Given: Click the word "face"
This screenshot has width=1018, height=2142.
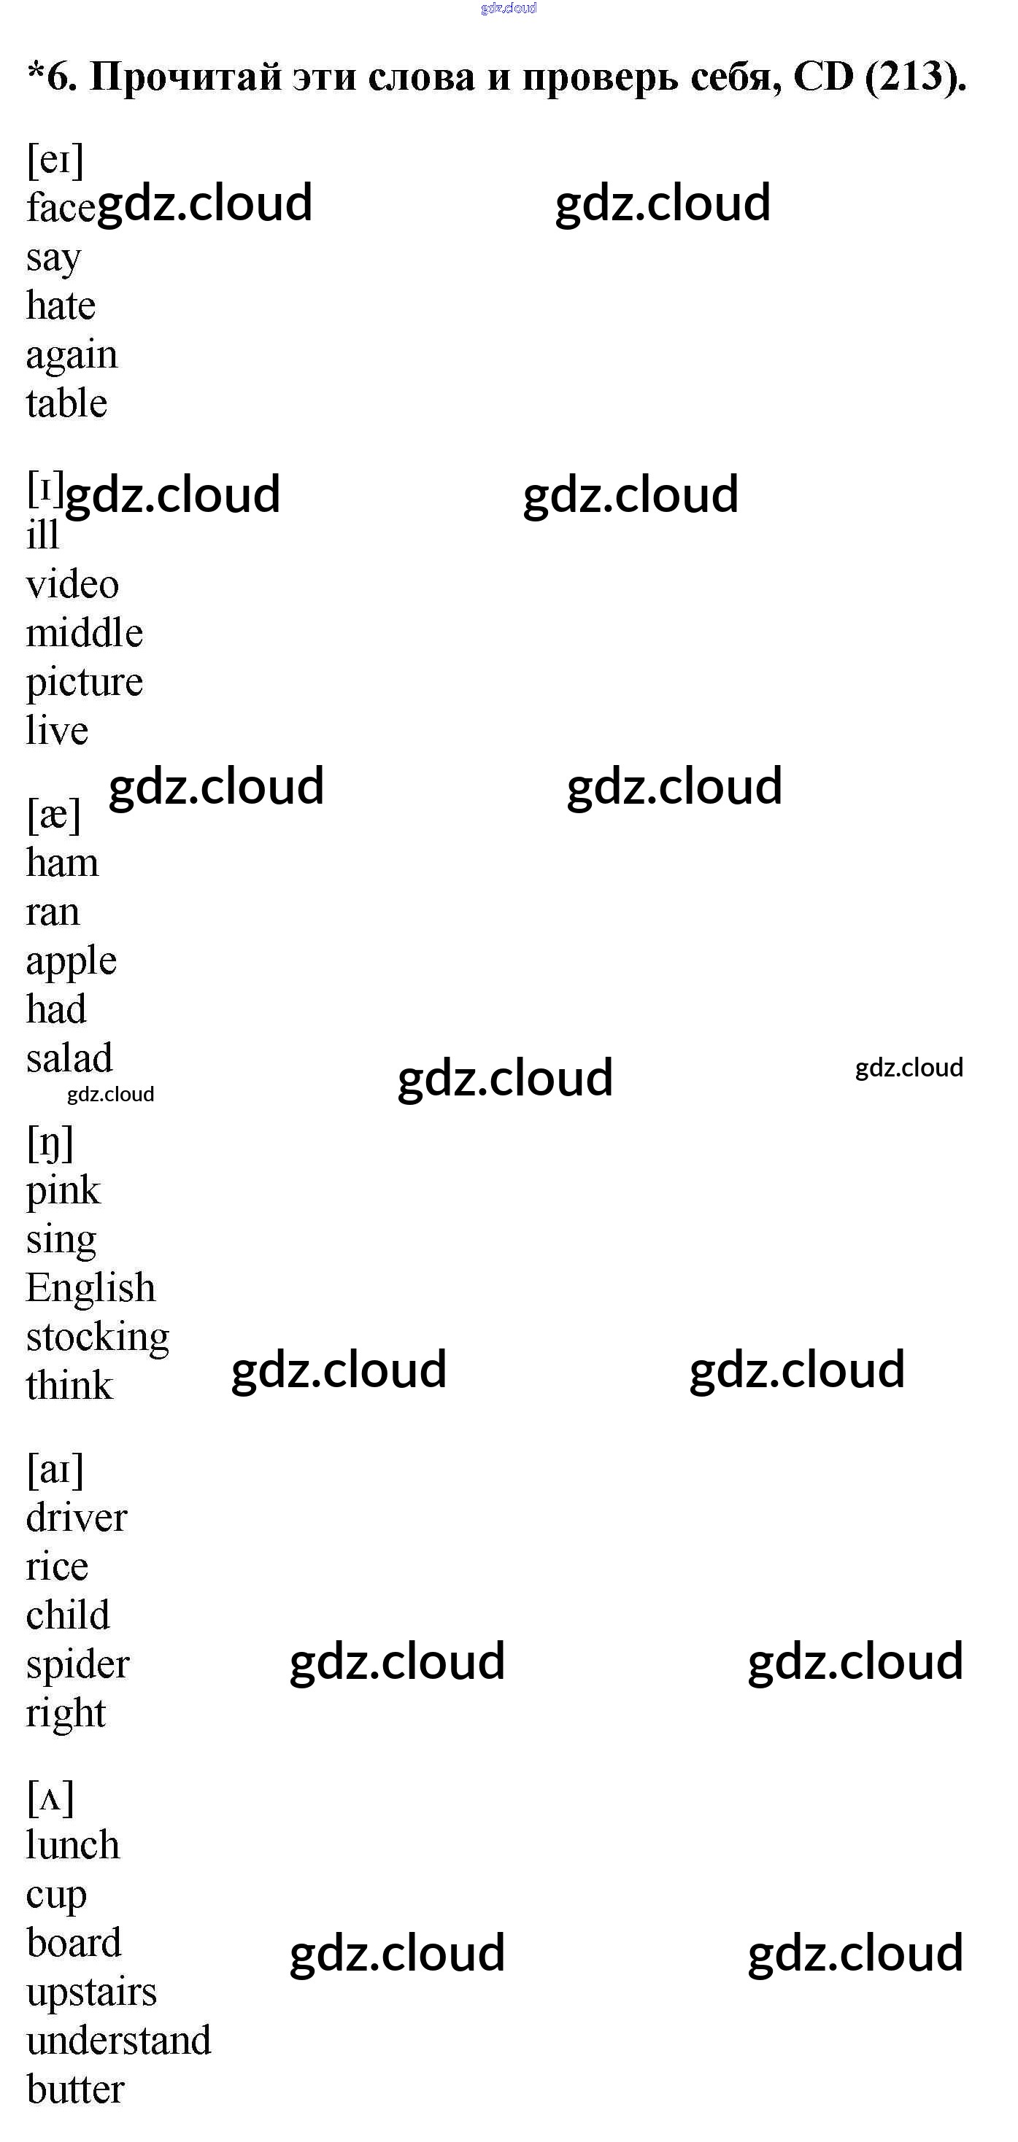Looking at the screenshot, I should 60,207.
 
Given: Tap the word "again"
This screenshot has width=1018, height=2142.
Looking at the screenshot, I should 72,356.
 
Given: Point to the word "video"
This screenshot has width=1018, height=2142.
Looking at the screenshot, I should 72,585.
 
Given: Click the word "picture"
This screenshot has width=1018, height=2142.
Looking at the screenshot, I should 84,683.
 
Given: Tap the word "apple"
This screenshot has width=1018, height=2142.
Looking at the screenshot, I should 71,962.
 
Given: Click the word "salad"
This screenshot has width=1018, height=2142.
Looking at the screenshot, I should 69,1058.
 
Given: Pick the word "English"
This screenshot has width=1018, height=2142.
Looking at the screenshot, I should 90,1288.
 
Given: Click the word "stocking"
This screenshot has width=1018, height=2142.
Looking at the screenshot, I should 97,1338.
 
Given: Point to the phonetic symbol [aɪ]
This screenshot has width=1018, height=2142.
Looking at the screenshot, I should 55,1470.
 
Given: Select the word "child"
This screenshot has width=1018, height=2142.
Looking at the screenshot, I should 67,1615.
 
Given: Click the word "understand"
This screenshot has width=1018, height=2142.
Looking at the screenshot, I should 118,2041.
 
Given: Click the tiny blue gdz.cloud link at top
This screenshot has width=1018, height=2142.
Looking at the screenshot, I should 508,8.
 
